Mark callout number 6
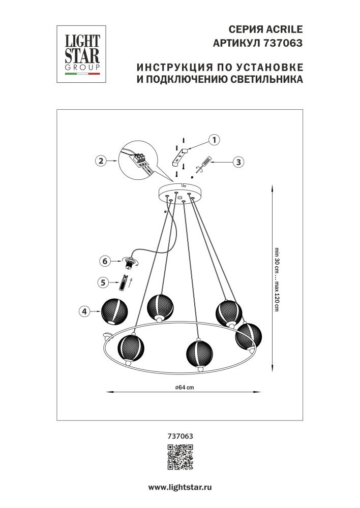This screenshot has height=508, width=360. click(x=104, y=261)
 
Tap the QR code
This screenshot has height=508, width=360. click(x=181, y=456)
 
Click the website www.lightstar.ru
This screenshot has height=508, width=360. click(x=179, y=487)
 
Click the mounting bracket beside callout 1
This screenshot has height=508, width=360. click(x=181, y=156)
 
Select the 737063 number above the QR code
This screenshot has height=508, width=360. click(x=180, y=435)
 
